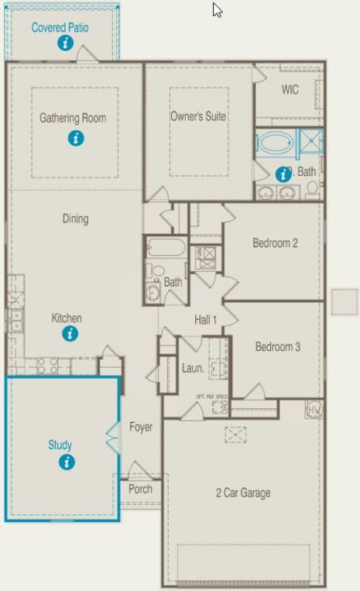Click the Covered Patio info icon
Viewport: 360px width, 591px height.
point(66,43)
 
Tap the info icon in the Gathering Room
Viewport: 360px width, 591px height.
point(75,139)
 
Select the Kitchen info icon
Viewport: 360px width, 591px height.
point(70,334)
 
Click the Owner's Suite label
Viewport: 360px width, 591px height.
point(198,116)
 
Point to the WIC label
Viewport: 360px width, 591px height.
point(290,90)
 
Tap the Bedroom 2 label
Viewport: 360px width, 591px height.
point(275,243)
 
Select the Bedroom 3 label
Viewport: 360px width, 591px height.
point(277,346)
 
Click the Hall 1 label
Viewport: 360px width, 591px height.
point(205,319)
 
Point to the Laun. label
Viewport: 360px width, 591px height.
point(193,368)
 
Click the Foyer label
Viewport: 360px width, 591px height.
point(141,427)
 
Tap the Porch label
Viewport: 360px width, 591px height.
point(140,489)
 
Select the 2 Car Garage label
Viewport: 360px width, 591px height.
point(242,493)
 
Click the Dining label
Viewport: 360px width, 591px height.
point(75,219)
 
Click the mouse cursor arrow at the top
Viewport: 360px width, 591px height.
point(218,10)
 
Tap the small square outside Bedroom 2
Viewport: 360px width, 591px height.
point(344,301)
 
